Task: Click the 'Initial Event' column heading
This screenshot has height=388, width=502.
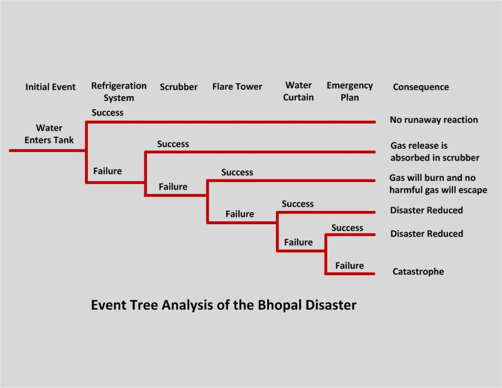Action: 50,87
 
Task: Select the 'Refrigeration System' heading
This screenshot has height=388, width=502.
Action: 119,92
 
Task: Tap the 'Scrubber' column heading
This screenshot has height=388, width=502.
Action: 178,87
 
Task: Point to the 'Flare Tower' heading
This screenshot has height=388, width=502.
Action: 237,87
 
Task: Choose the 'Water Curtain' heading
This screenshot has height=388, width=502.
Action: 298,91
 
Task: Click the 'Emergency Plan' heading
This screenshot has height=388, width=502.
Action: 350,91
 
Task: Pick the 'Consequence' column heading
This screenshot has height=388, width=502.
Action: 421,87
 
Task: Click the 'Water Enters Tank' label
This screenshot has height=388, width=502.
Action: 49,134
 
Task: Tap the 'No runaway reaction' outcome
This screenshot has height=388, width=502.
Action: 433,120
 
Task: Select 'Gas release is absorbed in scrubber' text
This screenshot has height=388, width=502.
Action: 434,152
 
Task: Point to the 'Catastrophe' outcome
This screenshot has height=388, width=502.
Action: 418,271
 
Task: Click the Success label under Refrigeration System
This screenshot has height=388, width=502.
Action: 107,113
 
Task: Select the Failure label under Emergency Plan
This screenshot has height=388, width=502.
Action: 349,266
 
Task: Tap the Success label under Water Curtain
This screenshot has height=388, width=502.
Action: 298,204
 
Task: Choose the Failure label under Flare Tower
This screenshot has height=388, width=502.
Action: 240,214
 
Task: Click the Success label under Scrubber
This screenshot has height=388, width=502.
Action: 173,144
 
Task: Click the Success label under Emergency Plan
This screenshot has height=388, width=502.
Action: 347,228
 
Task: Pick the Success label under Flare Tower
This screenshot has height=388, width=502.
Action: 237,173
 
